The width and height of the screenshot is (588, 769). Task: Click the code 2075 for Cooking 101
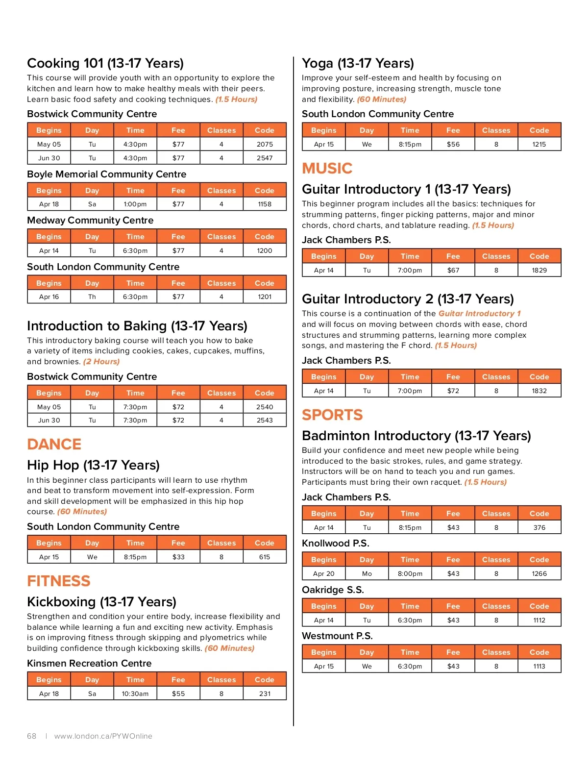265,144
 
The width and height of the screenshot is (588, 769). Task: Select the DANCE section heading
54,444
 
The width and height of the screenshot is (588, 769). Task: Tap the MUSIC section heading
327,168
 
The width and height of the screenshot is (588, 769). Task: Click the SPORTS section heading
332,415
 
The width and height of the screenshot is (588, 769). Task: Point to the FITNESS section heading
59,581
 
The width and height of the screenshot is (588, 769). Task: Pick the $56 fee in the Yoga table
453,144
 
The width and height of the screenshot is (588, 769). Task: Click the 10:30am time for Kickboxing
135,694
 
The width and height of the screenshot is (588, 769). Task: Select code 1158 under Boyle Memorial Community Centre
265,204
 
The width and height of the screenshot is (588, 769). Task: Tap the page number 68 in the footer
32,736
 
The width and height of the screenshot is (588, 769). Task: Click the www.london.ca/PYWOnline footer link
103,736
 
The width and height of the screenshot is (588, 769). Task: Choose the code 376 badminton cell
539,527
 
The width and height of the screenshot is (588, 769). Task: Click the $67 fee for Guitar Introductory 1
453,270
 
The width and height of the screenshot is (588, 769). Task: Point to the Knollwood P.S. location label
336,543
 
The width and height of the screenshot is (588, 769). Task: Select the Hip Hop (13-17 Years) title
93,465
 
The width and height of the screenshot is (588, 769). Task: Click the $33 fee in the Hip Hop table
178,557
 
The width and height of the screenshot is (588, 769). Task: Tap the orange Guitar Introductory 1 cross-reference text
479,313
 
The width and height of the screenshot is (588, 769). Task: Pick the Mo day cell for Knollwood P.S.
367,573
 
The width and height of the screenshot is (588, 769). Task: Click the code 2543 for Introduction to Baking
265,420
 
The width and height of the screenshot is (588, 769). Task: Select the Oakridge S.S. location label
333,590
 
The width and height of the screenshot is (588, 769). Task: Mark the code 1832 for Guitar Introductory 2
539,391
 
